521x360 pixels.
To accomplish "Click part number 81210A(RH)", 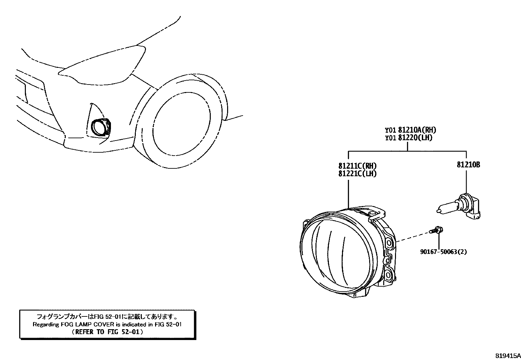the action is [x=417, y=130].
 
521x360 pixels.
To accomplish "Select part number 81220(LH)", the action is [x=415, y=138].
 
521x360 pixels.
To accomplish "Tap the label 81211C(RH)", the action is [x=357, y=166].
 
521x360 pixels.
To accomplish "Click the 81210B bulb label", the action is [x=468, y=165].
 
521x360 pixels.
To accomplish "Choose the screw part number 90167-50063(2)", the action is [x=443, y=252].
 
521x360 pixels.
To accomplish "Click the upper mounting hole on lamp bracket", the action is [x=389, y=243].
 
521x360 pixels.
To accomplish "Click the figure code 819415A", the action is [x=507, y=355].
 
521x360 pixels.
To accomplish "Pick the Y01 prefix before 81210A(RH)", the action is [x=390, y=130].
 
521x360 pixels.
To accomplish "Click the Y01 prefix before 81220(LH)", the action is [x=390, y=138].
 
